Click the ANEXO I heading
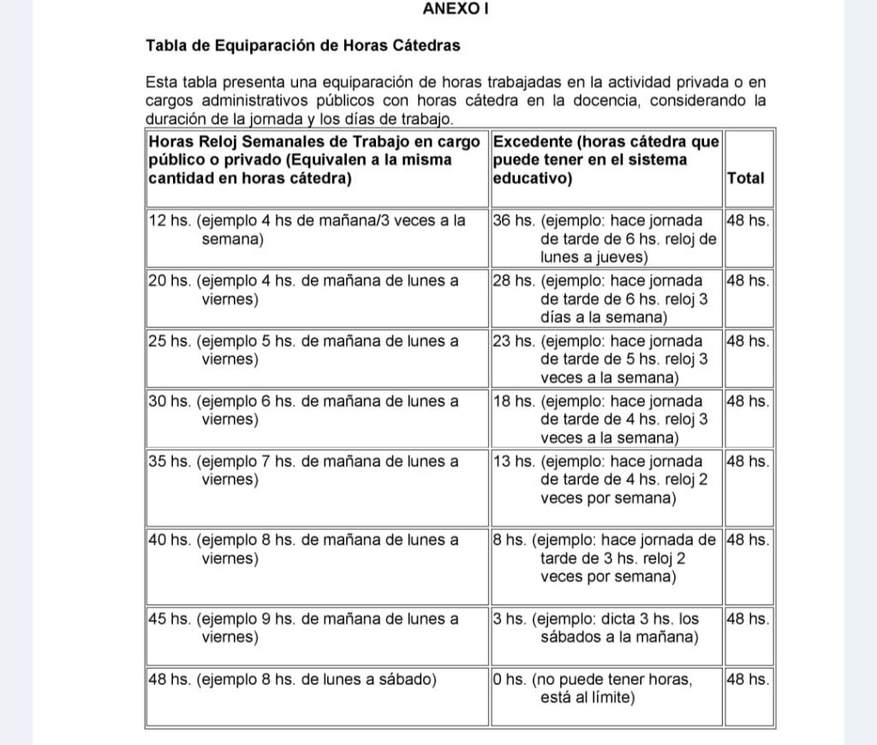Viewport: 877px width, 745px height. point(456,9)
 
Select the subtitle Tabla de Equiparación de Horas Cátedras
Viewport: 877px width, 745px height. point(302,45)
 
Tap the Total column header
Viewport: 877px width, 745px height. point(745,178)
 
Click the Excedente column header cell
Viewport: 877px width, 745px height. point(606,159)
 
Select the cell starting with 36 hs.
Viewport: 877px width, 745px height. point(606,238)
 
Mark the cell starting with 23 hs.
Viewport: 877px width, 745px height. point(606,359)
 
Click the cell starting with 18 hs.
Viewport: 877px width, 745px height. point(606,419)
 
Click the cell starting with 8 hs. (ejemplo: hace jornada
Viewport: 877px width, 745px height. point(606,558)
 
